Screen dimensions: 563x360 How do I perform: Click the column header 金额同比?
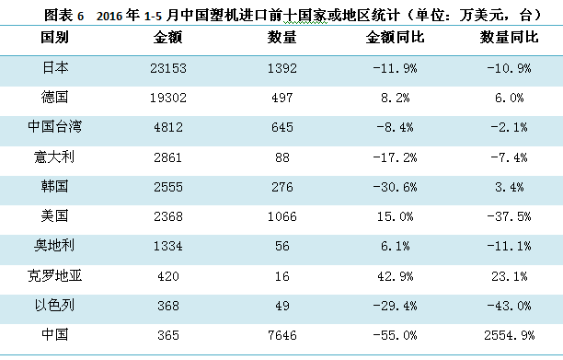pyautogui.click(x=395, y=38)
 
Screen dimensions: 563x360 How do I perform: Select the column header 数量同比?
pyautogui.click(x=509, y=38)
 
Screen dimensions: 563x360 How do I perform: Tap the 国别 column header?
pyautogui.click(x=54, y=38)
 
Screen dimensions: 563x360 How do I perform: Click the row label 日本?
pyautogui.click(x=54, y=67)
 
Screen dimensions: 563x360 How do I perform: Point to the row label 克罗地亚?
pyautogui.click(x=54, y=276)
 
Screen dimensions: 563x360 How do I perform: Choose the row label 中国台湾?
pyautogui.click(x=54, y=127)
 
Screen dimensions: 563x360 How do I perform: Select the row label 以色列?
pyautogui.click(x=54, y=306)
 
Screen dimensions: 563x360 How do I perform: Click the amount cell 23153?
pyautogui.click(x=168, y=68)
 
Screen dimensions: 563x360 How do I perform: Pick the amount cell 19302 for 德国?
pyautogui.click(x=168, y=98)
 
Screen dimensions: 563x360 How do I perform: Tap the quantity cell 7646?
pyautogui.click(x=282, y=335)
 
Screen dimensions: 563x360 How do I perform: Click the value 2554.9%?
pyautogui.click(x=509, y=335)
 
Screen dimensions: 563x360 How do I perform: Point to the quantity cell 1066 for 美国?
pyautogui.click(x=282, y=216)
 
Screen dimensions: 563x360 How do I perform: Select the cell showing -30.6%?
pyautogui.click(x=395, y=187)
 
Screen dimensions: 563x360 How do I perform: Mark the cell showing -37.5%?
pyautogui.click(x=509, y=216)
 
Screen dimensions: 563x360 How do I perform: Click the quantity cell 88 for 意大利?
pyautogui.click(x=282, y=157)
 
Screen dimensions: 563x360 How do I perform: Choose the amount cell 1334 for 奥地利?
pyautogui.click(x=168, y=246)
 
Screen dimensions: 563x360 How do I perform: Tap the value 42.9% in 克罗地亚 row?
pyautogui.click(x=395, y=276)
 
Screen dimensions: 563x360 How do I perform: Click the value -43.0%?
pyautogui.click(x=509, y=306)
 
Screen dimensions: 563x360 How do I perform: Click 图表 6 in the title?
pyautogui.click(x=63, y=16)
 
